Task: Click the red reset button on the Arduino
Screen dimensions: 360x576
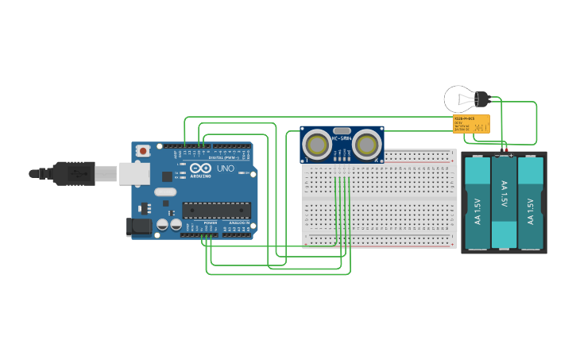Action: coord(143,150)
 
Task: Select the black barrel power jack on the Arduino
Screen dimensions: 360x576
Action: coord(139,226)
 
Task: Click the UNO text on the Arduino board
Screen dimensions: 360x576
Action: coord(226,168)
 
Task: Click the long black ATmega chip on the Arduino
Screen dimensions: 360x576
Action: coord(216,210)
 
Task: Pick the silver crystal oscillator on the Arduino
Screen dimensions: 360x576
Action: coord(164,192)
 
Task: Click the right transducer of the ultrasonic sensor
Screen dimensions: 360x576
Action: coord(366,145)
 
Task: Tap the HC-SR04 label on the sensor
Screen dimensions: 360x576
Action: coord(342,139)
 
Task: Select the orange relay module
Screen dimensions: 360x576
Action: coord(470,123)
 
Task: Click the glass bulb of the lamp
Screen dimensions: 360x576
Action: coord(458,100)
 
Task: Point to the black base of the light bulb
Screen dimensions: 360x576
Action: coord(481,99)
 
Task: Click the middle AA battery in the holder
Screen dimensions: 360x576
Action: coord(504,203)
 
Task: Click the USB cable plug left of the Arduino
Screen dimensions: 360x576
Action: coord(75,172)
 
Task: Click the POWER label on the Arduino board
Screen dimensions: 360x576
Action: coord(211,223)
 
